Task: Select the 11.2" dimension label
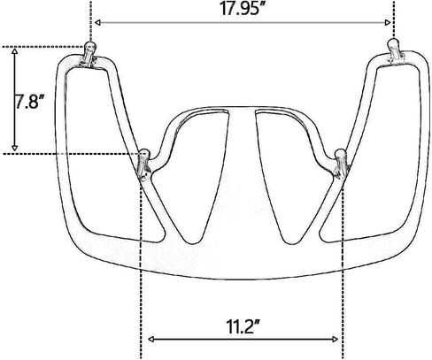click(x=243, y=326)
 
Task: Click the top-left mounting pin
click(x=89, y=55)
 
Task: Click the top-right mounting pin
click(x=394, y=50)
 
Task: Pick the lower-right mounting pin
click(x=340, y=163)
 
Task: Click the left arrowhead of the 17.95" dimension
click(x=98, y=23)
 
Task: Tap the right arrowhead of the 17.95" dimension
click(x=388, y=23)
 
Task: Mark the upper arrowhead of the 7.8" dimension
click(x=14, y=51)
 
